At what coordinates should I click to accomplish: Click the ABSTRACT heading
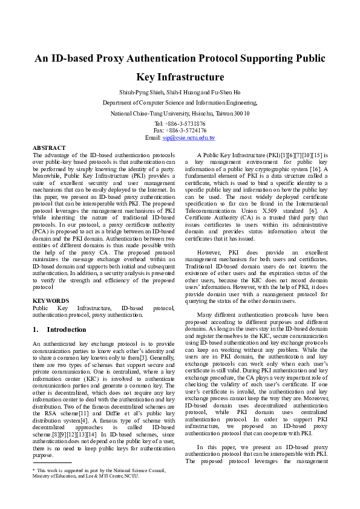(49, 148)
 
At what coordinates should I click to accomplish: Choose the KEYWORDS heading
(51, 300)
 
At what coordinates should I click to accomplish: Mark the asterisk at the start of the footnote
(34, 470)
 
